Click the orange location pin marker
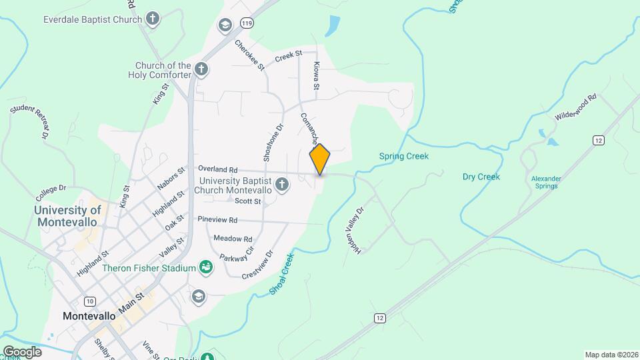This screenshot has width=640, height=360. point(320,159)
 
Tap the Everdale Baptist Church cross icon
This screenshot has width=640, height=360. point(153,19)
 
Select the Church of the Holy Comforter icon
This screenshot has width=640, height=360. point(201,69)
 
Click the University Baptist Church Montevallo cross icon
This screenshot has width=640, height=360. point(282,184)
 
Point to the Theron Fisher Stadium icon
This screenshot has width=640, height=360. point(207,268)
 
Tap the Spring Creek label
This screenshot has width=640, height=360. point(403,157)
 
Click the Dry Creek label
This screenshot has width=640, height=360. point(481,177)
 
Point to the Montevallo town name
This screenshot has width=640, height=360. point(89,315)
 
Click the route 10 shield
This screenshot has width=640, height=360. point(90,301)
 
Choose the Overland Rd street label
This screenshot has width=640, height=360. point(217,169)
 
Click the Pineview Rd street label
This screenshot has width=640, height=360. point(217,219)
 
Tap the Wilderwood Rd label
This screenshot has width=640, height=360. point(575,107)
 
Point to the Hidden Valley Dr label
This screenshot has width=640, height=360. point(355,229)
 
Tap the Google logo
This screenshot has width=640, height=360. point(21,351)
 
